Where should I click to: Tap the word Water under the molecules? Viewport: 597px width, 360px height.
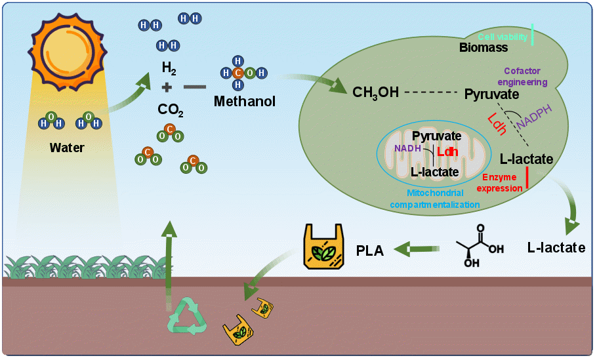[x=67, y=148]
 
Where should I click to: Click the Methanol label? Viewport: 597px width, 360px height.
[x=245, y=102]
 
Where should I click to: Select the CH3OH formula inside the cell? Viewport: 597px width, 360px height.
[x=375, y=92]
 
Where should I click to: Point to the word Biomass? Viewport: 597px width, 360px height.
[x=484, y=47]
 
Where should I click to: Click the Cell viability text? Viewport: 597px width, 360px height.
[x=503, y=37]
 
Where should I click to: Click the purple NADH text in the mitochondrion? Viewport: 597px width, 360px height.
[x=407, y=148]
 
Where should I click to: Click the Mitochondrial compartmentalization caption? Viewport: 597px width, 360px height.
[x=434, y=199]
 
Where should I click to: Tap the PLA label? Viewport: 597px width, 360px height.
[x=370, y=250]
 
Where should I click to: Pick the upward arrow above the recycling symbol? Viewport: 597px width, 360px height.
[x=169, y=256]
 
